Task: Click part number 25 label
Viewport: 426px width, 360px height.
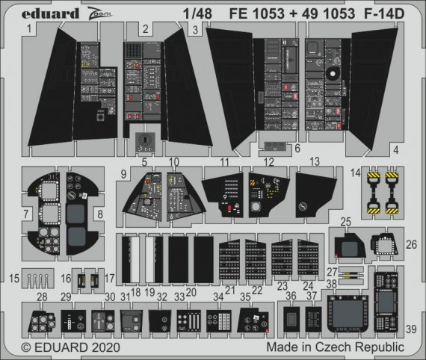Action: [345, 222]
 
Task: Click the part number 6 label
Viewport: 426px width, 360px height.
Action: [297, 148]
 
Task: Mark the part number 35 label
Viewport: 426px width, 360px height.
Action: [244, 297]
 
